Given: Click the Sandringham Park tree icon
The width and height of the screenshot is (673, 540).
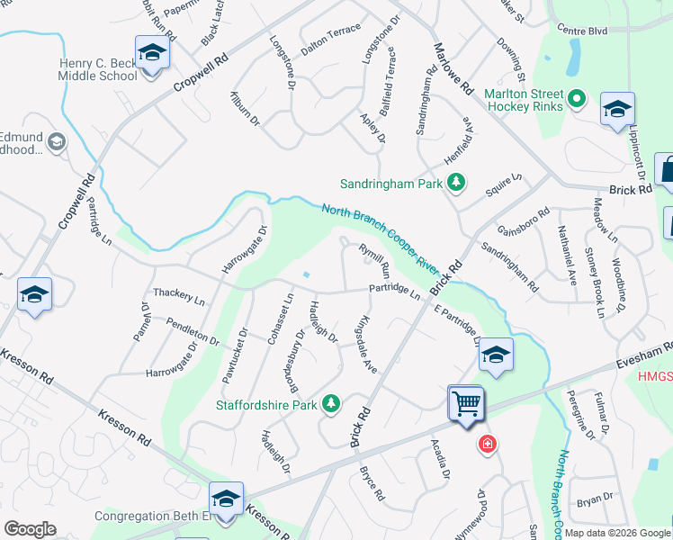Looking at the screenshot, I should point(456,184).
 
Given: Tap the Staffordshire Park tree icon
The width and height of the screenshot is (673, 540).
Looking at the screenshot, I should point(332,404).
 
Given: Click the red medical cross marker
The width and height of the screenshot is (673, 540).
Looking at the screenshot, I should point(487,444).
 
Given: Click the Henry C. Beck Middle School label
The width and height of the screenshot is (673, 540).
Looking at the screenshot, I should point(99,69).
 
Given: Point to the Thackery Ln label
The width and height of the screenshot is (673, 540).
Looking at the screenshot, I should point(179,292).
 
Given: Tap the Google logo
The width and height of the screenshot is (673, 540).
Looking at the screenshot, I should point(30,529).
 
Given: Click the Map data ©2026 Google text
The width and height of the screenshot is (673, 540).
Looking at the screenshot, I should point(618,533).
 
